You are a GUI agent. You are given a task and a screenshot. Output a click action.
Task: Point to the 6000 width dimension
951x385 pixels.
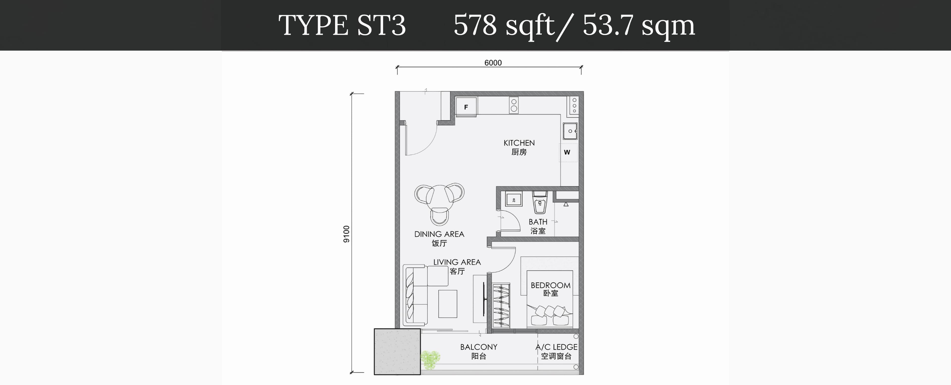[x=493, y=63]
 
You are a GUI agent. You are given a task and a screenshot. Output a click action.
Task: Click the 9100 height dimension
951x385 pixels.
[x=346, y=234]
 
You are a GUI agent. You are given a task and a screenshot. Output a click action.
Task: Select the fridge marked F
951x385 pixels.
[x=466, y=107]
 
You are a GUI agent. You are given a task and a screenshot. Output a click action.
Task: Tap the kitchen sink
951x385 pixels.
[x=570, y=131]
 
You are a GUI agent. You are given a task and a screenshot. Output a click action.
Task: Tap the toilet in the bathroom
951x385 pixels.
[x=540, y=202]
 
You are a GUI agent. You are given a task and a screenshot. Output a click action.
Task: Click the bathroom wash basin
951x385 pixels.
[x=514, y=199]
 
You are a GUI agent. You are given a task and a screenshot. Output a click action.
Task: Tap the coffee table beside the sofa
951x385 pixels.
[x=448, y=304]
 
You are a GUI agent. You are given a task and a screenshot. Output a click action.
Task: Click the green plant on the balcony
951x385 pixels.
[x=430, y=360]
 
